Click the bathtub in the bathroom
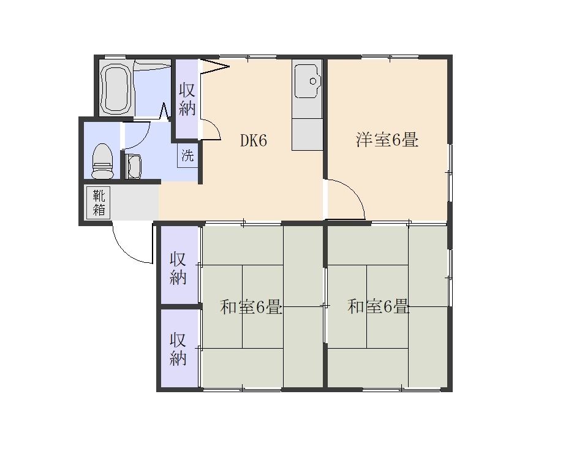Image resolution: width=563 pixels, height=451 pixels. pos(116,87)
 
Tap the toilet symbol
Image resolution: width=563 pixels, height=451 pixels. pos(102,161)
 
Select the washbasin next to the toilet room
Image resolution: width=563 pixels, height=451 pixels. pos(133,166)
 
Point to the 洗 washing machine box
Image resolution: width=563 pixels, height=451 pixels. pos(187,155)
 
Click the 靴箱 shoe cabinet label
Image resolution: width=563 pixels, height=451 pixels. pos(99,202)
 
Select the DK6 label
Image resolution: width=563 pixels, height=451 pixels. pos(254,141)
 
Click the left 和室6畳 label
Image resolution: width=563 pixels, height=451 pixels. pos(251,307)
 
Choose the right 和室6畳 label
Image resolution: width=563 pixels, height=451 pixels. pos(378,307)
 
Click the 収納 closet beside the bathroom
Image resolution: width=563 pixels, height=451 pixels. pos(187,99)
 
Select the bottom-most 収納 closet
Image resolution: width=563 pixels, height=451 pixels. pos(179,348)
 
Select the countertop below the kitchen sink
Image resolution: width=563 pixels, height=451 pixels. pos(307,135)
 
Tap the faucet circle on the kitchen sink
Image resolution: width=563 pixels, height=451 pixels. pos(313,81)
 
